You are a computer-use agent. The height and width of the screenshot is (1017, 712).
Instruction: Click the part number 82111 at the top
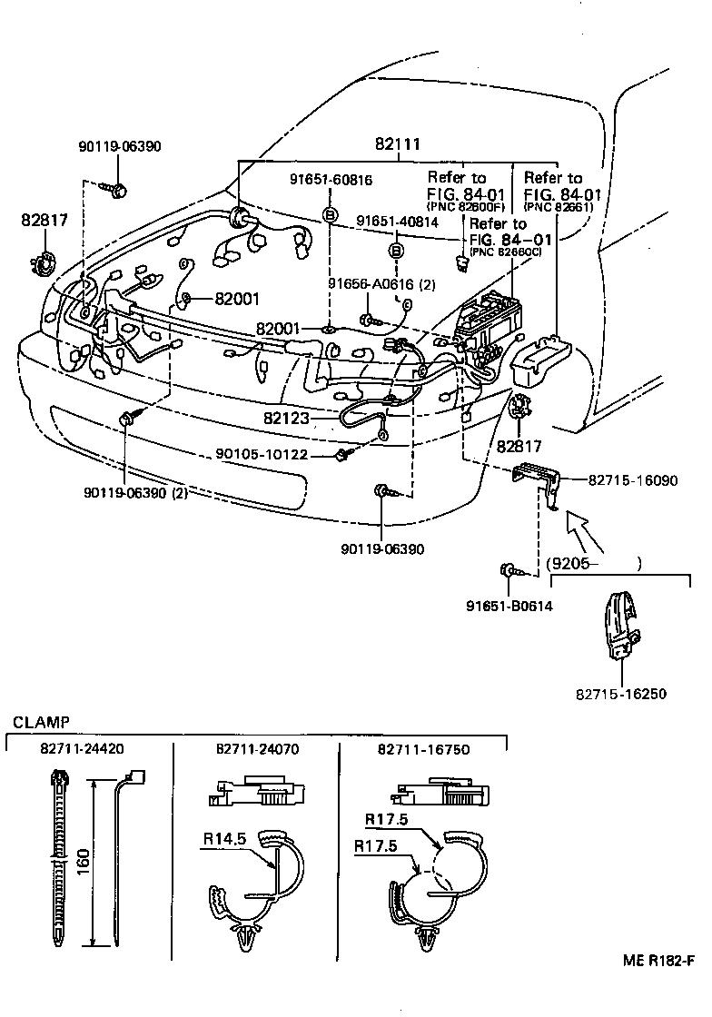[x=398, y=145]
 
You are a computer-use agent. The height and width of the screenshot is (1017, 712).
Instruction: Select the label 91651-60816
[x=331, y=181]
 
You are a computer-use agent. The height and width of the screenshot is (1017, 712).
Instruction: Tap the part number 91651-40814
[x=396, y=221]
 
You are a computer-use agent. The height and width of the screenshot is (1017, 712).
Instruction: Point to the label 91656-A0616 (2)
[x=381, y=284]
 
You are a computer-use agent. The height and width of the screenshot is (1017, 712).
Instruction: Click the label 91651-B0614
[x=509, y=606]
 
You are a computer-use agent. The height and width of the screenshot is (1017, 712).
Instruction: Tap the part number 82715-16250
[x=621, y=694]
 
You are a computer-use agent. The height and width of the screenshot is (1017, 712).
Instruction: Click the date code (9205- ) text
[x=595, y=563]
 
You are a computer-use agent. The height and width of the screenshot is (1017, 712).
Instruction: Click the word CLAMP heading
[x=41, y=723]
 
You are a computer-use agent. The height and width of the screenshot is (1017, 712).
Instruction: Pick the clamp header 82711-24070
[x=257, y=749]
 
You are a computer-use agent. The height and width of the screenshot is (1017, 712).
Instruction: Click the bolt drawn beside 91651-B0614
[x=509, y=572]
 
